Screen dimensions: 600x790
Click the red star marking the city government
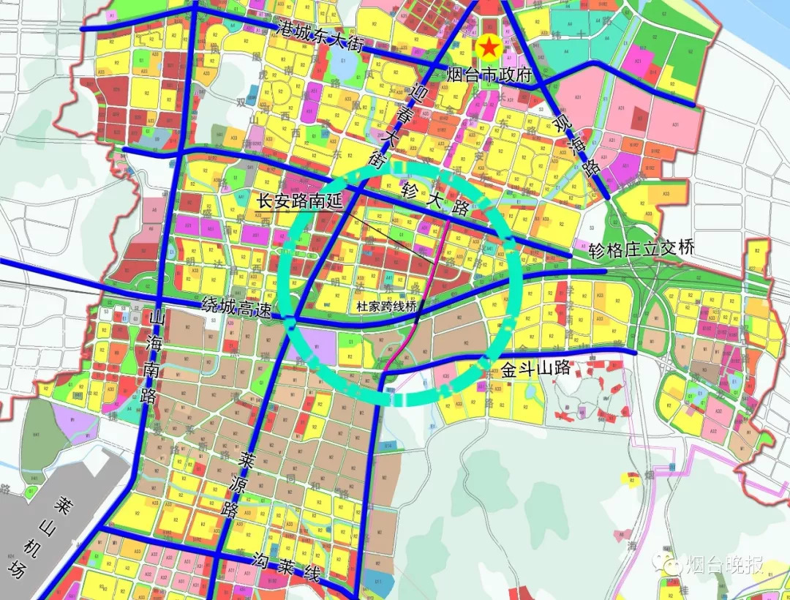pyautogui.click(x=489, y=48)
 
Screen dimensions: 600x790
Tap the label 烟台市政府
pyautogui.click(x=488, y=74)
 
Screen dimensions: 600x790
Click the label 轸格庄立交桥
pyautogui.click(x=641, y=250)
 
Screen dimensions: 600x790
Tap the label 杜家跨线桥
pyautogui.click(x=385, y=307)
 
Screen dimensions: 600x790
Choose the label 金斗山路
pyautogui.click(x=535, y=369)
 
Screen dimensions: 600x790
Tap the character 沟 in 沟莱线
pyautogui.click(x=261, y=559)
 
